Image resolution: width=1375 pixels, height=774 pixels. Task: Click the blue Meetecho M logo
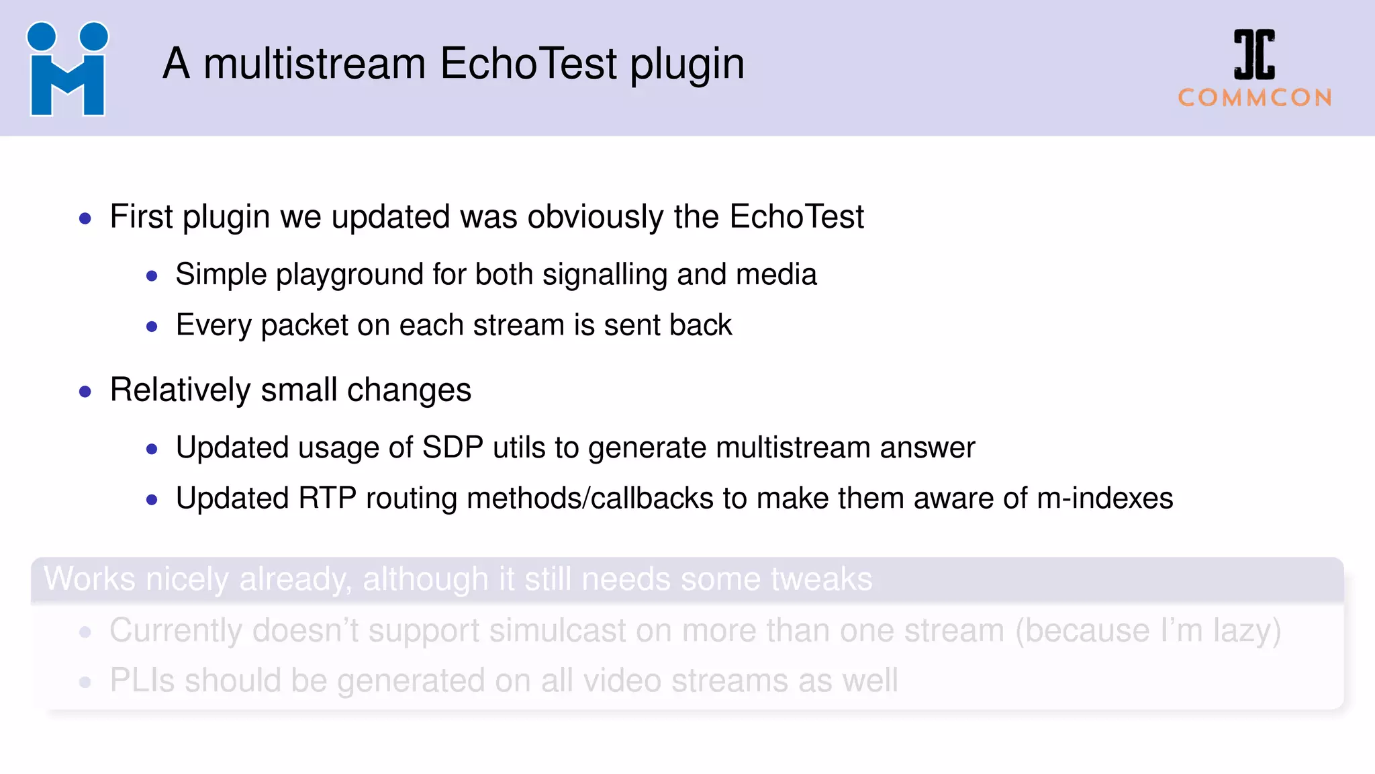click(x=67, y=70)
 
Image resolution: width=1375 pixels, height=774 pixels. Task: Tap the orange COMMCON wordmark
click(x=1255, y=98)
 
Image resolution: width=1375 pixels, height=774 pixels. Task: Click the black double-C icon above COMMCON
click(x=1254, y=54)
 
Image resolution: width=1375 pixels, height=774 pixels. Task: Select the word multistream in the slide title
click(x=314, y=64)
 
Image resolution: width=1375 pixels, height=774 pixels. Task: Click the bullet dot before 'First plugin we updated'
click(x=85, y=218)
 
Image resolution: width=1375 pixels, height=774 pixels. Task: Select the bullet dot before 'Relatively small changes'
click(x=85, y=392)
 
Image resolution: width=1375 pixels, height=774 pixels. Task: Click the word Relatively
click(x=181, y=390)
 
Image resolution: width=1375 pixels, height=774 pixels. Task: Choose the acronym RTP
click(x=327, y=499)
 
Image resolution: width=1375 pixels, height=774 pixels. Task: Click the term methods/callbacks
click(x=590, y=499)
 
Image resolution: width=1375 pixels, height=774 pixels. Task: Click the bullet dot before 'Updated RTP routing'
click(x=152, y=500)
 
